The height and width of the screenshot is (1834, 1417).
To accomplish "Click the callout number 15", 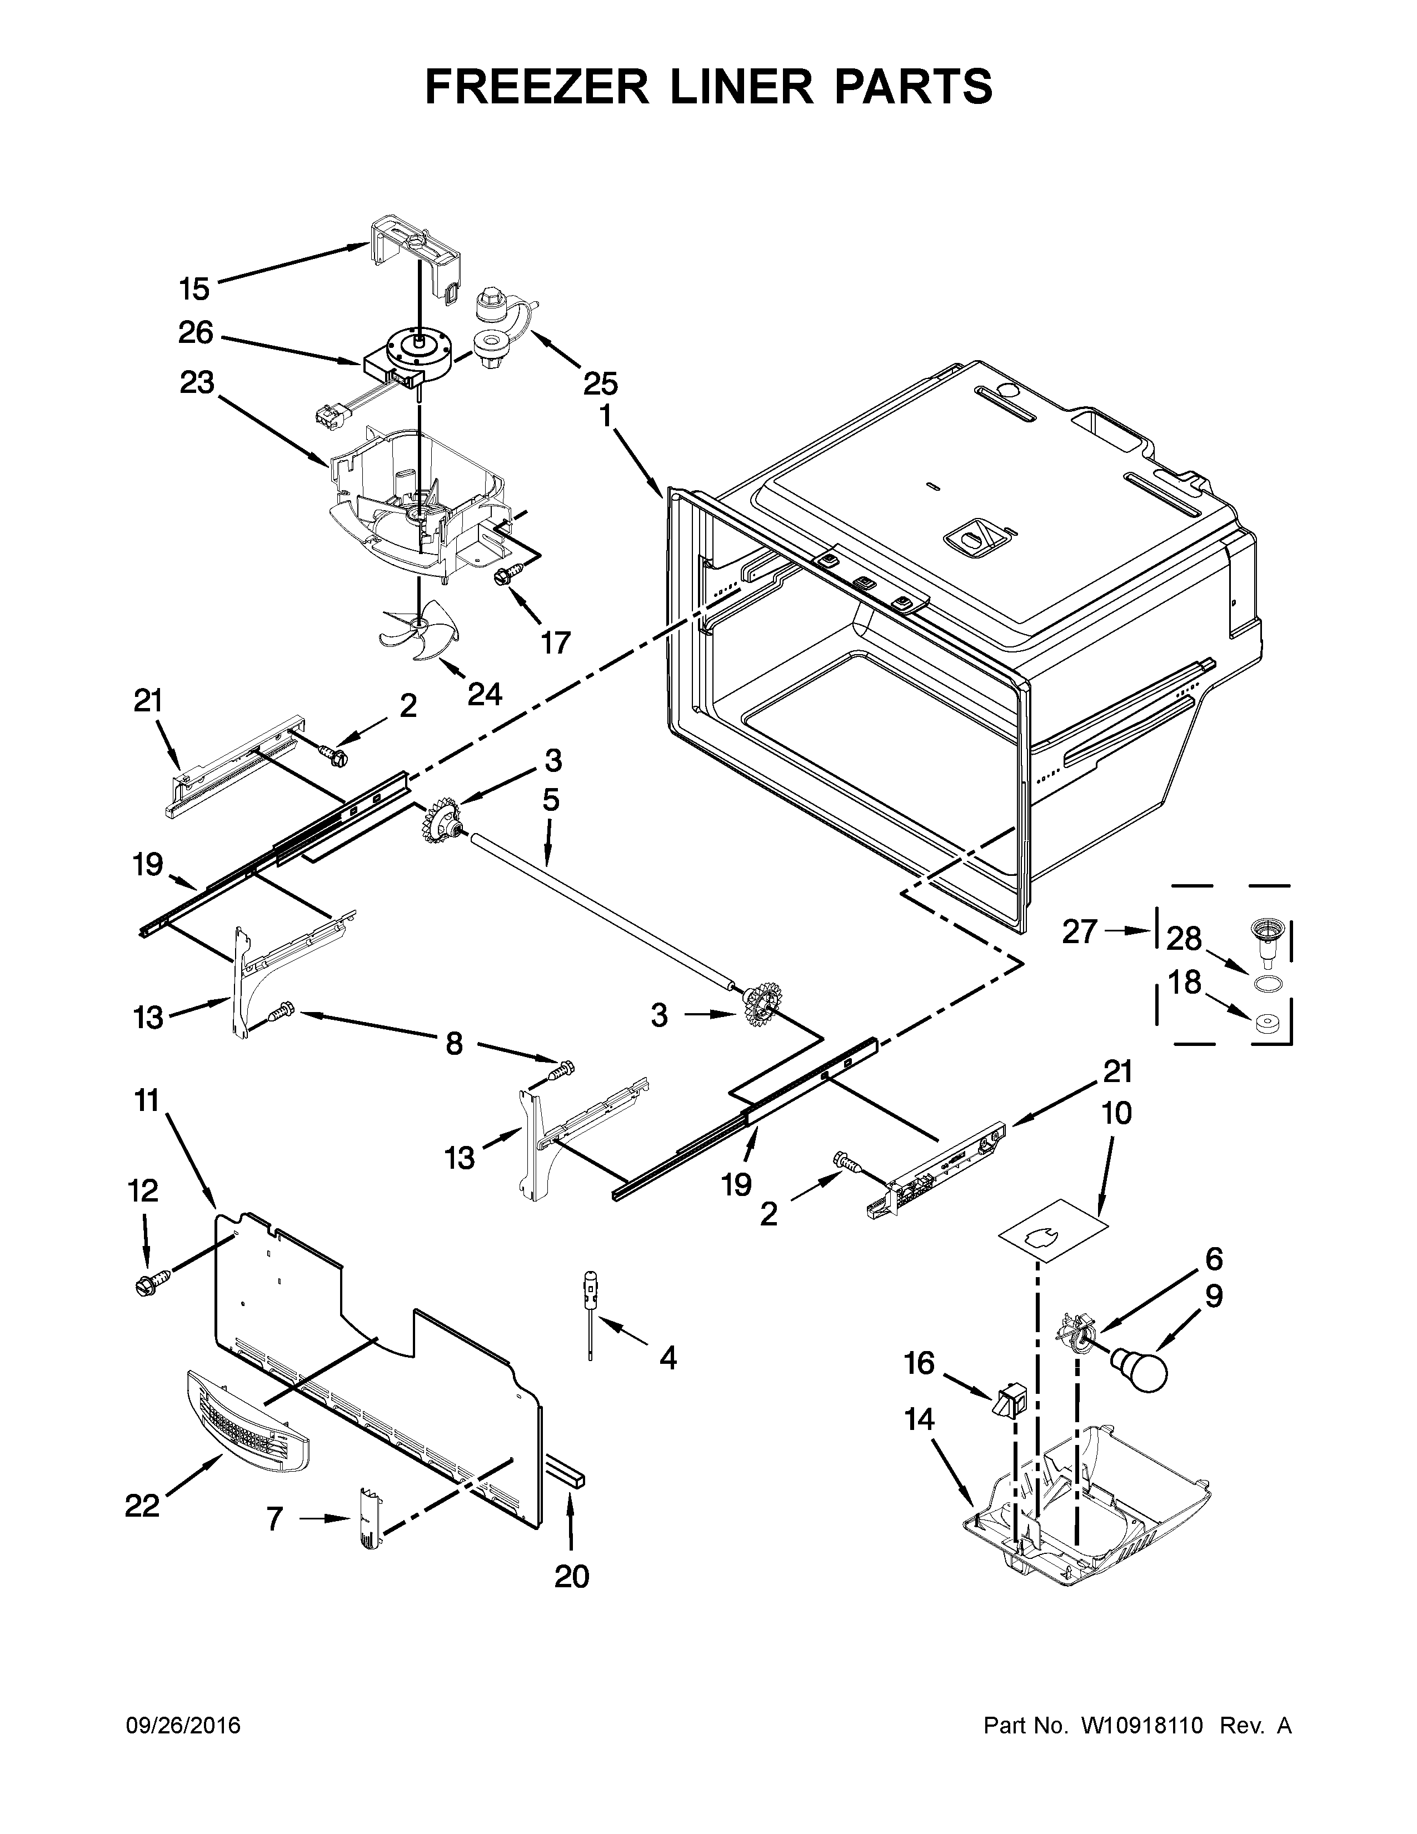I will coord(194,290).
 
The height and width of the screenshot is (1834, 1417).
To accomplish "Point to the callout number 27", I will coord(1080,932).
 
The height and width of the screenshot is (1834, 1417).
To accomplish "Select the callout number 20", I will coord(572,1577).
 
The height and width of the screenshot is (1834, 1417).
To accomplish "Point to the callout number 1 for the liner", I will coord(605,417).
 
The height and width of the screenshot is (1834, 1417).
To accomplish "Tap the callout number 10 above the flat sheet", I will coord(1116,1114).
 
